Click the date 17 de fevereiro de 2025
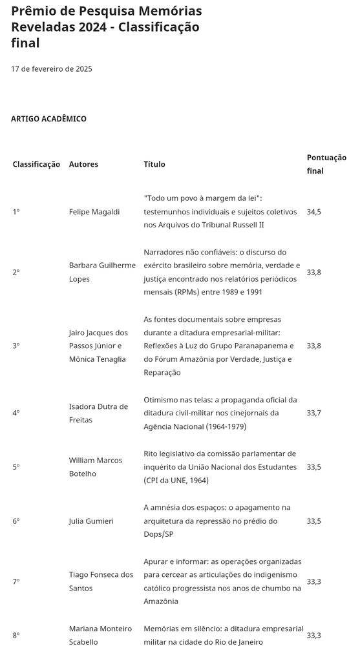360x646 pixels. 51,69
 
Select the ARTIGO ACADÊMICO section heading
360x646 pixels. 48,119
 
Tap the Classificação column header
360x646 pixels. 36,164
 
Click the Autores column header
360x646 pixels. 83,164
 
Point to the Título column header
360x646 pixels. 154,164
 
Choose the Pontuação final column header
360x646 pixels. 326,164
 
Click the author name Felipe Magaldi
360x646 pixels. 94,212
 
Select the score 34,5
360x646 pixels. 313,212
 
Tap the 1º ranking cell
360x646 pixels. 16,212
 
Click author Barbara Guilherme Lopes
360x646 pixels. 102,272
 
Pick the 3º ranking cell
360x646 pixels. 16,346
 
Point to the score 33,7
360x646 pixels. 313,413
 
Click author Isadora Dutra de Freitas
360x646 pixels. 98,413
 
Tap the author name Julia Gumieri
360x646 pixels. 91,521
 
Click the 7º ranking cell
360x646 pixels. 16,581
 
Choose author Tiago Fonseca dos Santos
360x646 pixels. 101,581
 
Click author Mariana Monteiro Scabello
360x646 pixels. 100,635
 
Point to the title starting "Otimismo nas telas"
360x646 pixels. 220,413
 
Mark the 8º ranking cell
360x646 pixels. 16,635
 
